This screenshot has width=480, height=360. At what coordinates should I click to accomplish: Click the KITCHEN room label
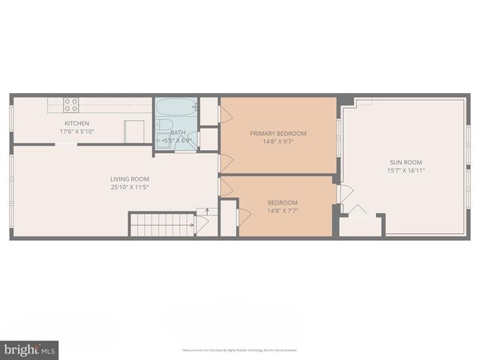tap(76, 123)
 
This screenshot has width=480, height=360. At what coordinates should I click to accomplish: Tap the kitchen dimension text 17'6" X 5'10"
tap(76, 130)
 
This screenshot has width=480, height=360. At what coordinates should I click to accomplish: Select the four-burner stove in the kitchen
tap(70, 105)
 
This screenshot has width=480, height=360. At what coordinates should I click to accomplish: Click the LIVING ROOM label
tap(130, 178)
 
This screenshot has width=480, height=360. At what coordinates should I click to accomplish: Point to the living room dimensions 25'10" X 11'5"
tap(130, 187)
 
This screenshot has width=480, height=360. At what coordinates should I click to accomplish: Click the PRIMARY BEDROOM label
tap(278, 133)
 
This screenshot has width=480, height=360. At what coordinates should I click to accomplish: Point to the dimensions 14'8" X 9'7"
tap(278, 142)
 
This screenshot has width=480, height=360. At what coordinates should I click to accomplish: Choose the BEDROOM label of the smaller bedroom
tap(283, 202)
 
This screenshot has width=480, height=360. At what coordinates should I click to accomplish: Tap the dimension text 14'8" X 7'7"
tap(283, 211)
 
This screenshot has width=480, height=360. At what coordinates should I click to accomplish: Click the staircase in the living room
tap(162, 225)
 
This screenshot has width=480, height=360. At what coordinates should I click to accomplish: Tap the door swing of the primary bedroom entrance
tap(224, 161)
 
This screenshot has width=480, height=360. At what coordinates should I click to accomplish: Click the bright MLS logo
tap(29, 349)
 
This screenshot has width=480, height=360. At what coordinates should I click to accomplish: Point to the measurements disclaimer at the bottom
tap(240, 350)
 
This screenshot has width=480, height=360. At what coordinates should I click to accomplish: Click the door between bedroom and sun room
tap(345, 193)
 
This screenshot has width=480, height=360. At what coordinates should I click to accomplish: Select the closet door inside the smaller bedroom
tap(244, 217)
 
